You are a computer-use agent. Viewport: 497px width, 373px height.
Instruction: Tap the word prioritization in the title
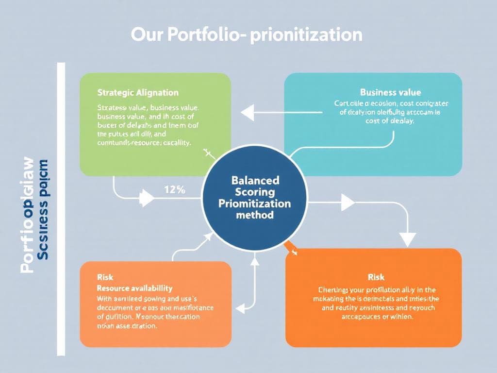(x=306, y=35)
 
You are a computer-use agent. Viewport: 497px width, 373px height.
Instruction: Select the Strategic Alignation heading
(x=138, y=92)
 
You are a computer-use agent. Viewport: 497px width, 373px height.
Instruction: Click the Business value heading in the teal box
(x=390, y=92)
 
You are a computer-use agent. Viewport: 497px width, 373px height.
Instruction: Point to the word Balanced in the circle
(x=256, y=180)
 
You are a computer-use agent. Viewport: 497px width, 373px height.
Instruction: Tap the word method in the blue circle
(x=254, y=215)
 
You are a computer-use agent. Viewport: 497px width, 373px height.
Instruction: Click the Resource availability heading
(x=135, y=288)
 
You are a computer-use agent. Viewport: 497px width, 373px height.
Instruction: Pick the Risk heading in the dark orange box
(x=376, y=277)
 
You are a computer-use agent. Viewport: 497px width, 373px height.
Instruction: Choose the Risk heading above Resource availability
(x=105, y=277)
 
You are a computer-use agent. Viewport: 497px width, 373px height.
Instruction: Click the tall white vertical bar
(x=61, y=209)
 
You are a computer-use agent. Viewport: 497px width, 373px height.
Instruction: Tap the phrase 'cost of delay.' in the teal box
(x=390, y=121)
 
